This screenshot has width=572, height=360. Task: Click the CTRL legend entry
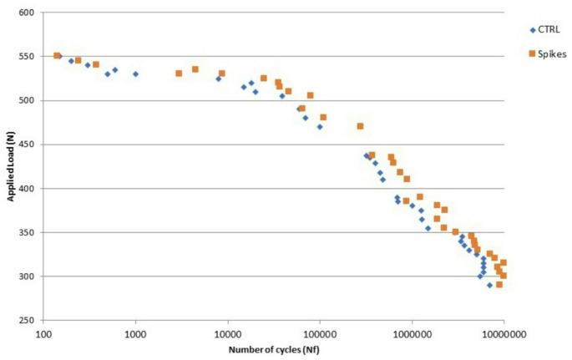pyautogui.click(x=546, y=31)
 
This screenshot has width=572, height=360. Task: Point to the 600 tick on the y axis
pyautogui.click(x=33, y=13)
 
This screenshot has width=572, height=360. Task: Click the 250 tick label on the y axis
pyautogui.click(x=33, y=320)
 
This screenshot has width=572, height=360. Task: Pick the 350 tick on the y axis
pyautogui.click(x=33, y=232)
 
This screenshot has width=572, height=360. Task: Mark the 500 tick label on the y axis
pyautogui.click(x=33, y=101)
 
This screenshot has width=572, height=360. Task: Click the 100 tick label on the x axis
pyautogui.click(x=43, y=332)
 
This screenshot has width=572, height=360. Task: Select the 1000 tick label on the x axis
pyautogui.click(x=135, y=332)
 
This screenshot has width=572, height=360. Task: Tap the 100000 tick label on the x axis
pyautogui.click(x=319, y=332)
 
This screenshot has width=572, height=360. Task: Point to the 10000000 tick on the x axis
pyautogui.click(x=503, y=332)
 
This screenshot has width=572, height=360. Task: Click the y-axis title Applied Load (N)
pyautogui.click(x=12, y=167)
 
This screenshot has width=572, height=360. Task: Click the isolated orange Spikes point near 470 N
pyautogui.click(x=360, y=126)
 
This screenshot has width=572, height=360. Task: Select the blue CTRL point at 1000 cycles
pyautogui.click(x=135, y=74)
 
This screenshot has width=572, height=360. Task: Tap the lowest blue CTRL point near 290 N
pyautogui.click(x=490, y=285)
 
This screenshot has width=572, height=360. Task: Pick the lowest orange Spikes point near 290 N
pyautogui.click(x=499, y=284)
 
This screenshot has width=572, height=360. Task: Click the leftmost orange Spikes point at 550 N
pyautogui.click(x=57, y=56)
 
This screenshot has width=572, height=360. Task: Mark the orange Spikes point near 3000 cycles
pyautogui.click(x=179, y=74)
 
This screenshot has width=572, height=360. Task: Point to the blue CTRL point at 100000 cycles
pyautogui.click(x=319, y=127)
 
